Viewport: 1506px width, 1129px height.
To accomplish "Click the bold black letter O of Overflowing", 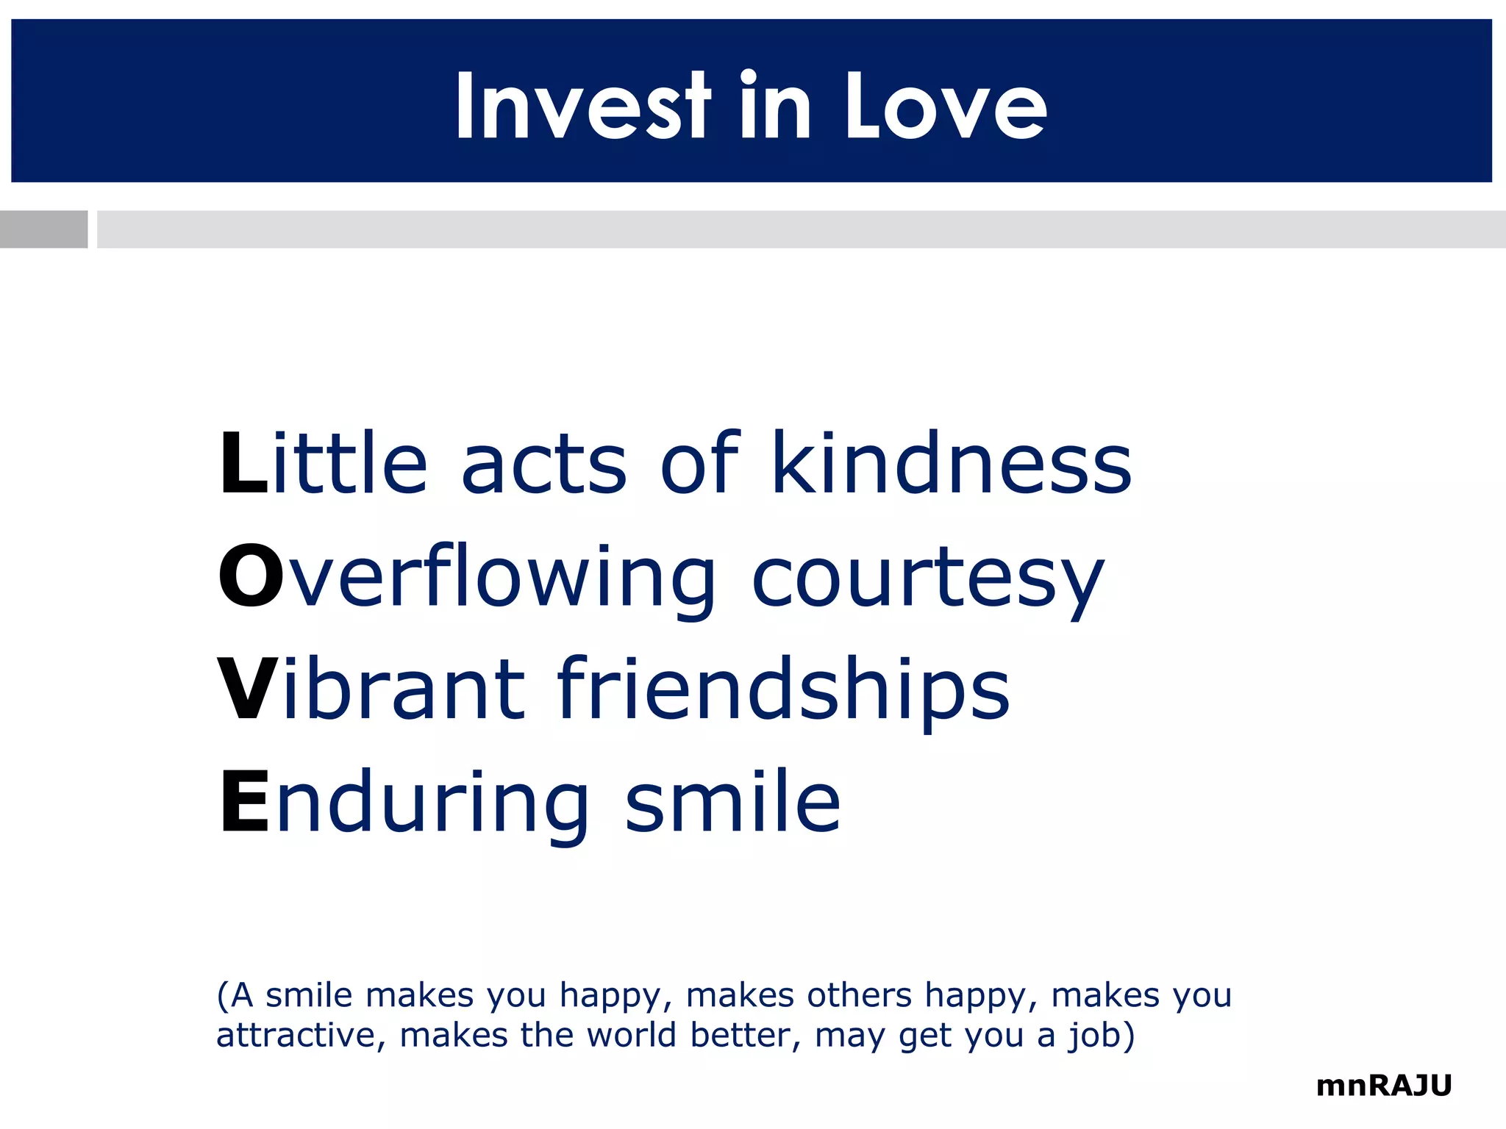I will pyautogui.click(x=250, y=576).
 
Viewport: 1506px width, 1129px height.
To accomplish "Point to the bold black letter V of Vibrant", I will pyautogui.click(x=249, y=689).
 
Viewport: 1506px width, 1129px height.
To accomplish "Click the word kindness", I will pyautogui.click(x=952, y=463).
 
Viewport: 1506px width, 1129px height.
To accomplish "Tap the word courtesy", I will pyautogui.click(x=928, y=581).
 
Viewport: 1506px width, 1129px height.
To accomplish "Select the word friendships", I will pyautogui.click(x=784, y=691).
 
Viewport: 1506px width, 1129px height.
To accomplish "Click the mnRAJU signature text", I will pyautogui.click(x=1384, y=1086).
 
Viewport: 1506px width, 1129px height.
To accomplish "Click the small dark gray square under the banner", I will pyautogui.click(x=43, y=229).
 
